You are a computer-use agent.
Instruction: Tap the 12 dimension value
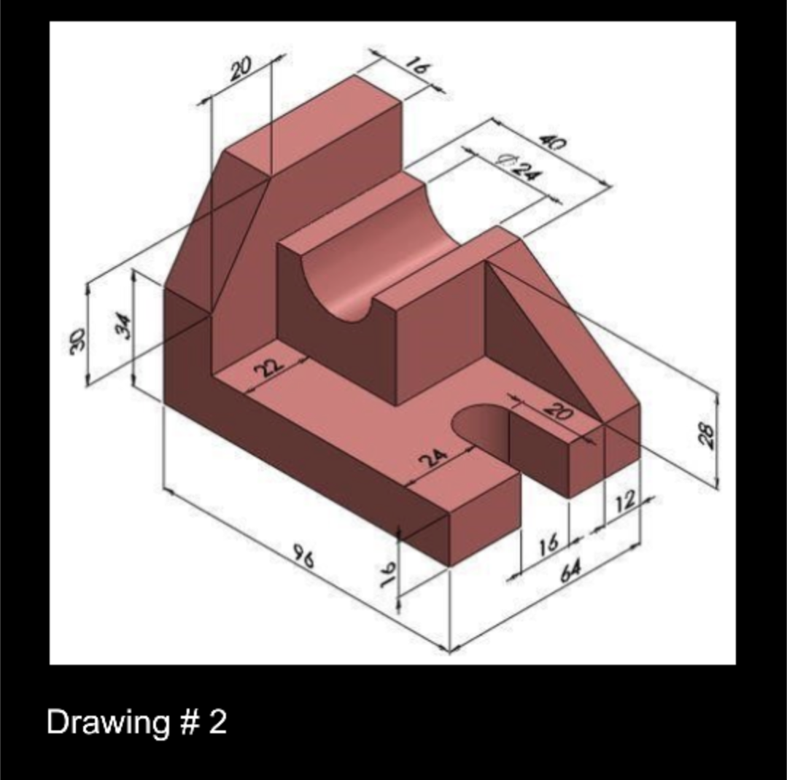click(x=626, y=501)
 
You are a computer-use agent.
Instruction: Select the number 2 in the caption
click(x=217, y=722)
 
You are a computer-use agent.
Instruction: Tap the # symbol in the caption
click(x=187, y=722)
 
